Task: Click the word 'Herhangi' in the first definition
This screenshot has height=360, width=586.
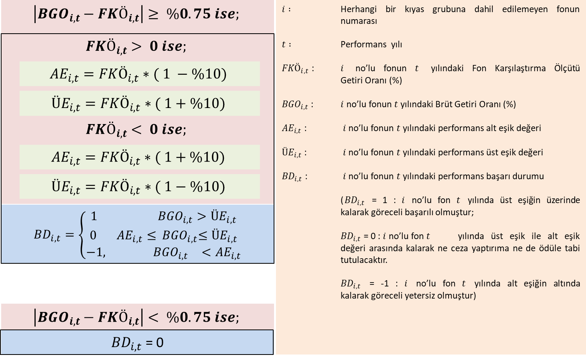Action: [x=359, y=9]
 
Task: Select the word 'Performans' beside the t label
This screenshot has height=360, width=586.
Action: [x=363, y=45]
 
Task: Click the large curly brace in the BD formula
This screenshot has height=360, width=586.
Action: [x=83, y=235]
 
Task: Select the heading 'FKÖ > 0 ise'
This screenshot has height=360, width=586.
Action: [x=136, y=47]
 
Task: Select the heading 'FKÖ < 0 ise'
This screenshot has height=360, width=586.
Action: [x=136, y=130]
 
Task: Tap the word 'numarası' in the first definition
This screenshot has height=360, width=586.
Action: [x=359, y=21]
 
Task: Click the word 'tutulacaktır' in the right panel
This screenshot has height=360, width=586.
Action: [x=364, y=260]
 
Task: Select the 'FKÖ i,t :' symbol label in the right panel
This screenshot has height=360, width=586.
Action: [x=298, y=69]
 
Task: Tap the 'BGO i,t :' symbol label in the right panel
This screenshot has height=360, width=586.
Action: [x=298, y=105]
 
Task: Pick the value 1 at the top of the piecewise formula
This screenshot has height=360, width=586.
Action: [x=94, y=216]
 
